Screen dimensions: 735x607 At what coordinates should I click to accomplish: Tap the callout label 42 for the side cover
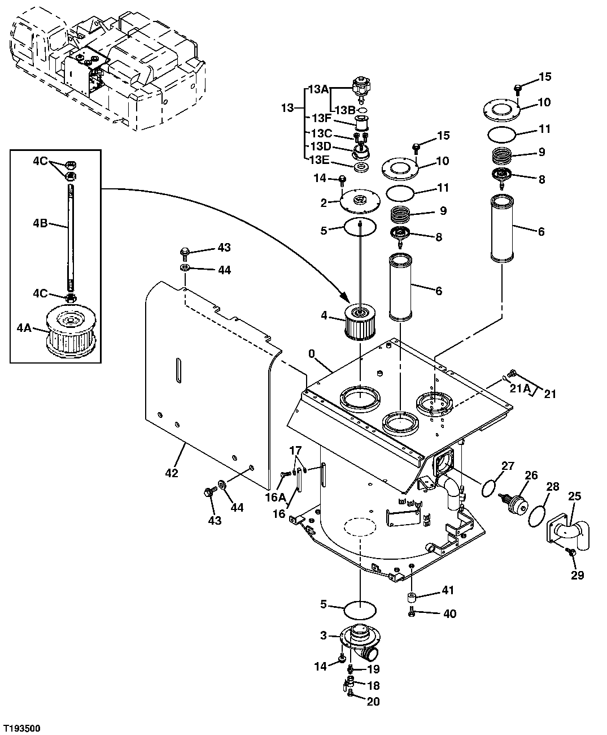coord(171,473)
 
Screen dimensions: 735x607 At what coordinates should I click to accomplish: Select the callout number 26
coord(531,475)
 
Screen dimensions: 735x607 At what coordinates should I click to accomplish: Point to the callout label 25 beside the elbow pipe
coord(574,497)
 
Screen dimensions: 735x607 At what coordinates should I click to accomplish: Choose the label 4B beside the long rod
coord(41,224)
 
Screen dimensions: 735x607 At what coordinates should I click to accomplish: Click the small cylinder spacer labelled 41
coord(412,598)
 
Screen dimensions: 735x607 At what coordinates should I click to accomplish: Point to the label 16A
coord(275,497)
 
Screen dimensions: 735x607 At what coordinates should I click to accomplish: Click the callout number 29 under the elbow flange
coord(577,576)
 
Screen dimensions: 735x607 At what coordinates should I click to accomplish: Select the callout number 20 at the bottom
coord(373,702)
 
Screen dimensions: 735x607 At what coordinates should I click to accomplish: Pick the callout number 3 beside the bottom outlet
coord(324,635)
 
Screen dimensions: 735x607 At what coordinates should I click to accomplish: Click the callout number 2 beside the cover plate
coord(324,203)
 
